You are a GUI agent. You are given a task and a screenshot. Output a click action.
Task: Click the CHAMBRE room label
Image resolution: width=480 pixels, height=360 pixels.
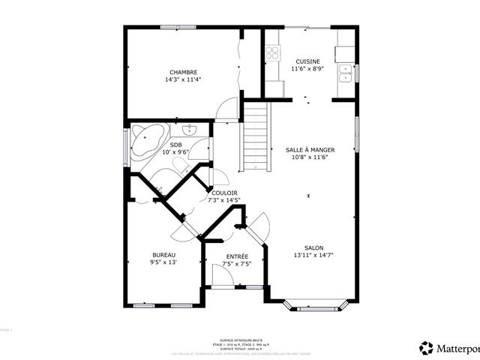[x=183, y=72]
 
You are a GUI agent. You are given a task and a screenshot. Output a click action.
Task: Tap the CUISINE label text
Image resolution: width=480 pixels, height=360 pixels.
[x=307, y=61]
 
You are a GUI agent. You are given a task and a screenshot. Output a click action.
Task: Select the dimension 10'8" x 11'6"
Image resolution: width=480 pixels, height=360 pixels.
[x=310, y=157]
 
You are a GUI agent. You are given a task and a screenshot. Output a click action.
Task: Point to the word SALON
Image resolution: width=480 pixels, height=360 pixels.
[x=313, y=248]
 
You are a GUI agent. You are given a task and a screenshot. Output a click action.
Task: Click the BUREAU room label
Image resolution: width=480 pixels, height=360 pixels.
[x=163, y=255]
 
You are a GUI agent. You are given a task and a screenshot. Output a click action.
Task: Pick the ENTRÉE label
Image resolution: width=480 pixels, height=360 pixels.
[x=237, y=256]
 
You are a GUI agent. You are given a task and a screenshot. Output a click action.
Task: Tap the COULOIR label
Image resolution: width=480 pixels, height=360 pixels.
[x=225, y=193]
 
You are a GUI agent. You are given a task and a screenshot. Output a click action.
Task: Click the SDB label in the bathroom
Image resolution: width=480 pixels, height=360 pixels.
[x=175, y=145]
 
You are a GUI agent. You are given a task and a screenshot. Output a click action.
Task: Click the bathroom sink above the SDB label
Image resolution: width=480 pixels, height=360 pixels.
[x=190, y=129]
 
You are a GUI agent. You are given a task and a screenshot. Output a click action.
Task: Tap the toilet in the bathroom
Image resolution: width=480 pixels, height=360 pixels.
[x=181, y=164]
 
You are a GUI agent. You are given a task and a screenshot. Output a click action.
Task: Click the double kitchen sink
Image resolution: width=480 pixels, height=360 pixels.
[x=346, y=73]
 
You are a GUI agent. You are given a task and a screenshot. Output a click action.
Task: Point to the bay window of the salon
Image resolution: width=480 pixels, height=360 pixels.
[x=313, y=306]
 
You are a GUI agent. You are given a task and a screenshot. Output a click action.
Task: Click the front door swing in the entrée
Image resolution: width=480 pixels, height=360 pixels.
[x=221, y=276]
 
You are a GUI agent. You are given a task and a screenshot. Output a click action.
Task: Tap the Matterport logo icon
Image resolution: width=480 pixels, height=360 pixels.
[x=427, y=348]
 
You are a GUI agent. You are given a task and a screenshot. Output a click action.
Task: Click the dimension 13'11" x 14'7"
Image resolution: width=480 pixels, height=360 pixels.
[x=313, y=256]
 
